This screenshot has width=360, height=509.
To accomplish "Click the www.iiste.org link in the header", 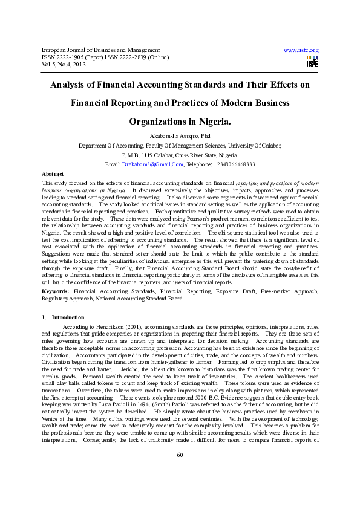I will (x=301, y=50).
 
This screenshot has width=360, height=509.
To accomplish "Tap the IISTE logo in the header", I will (x=312, y=62).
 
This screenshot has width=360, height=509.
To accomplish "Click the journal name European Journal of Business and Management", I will (x=100, y=50).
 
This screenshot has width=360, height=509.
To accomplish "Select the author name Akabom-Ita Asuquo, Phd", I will (x=180, y=137).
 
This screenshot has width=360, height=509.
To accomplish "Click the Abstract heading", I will (x=53, y=173).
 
